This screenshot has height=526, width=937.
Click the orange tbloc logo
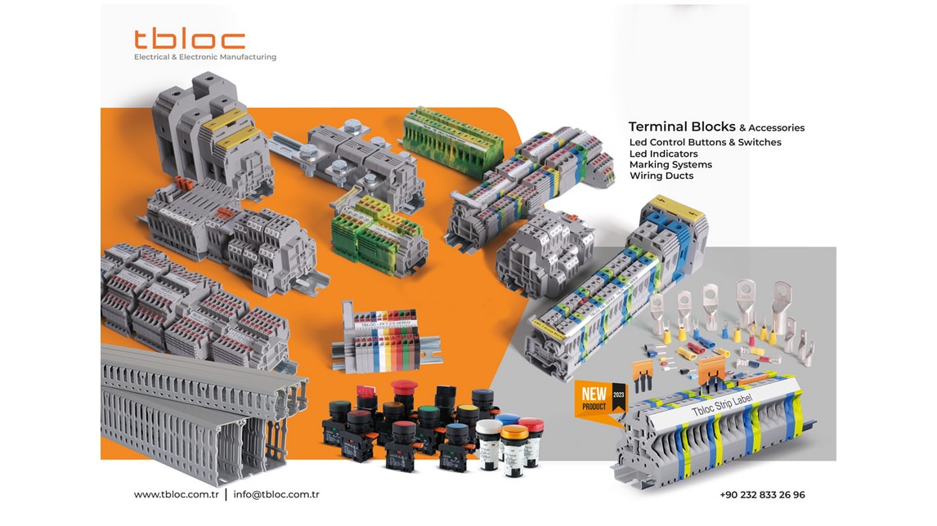coord(190,39)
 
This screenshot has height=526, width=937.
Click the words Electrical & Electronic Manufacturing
coord(205,57)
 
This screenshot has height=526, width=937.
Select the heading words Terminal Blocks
coord(682,127)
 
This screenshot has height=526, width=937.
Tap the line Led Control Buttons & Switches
coord(705,142)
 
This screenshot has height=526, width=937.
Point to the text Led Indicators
coord(663,154)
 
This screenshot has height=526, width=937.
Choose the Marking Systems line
coord(670,165)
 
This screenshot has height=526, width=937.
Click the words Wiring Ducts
coord(661,176)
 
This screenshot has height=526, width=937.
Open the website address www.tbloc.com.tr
coord(176,495)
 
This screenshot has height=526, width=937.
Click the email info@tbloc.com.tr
coord(276,495)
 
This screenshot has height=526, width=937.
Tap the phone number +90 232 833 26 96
coord(762,495)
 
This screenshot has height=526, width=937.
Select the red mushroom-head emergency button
coord(403,389)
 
